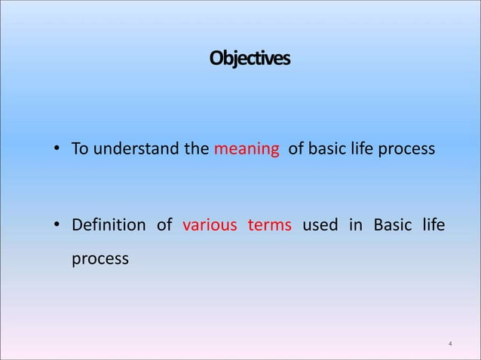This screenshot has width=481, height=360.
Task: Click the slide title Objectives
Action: coord(249,58)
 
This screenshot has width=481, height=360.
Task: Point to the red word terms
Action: coord(269,225)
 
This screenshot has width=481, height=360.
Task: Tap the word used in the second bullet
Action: coord(320,225)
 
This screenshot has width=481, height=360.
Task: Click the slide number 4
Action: coord(450,344)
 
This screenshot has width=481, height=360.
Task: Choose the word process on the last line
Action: coord(100,258)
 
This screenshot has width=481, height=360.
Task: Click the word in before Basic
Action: coord(355,225)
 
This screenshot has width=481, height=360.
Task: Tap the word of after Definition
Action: coord(164,225)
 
